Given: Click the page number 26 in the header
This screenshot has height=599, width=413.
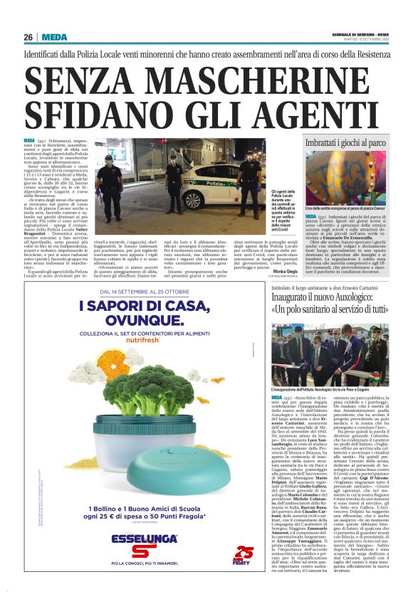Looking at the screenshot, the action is [x=28, y=37].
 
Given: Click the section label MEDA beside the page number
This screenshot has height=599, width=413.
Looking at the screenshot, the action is [x=54, y=37].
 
